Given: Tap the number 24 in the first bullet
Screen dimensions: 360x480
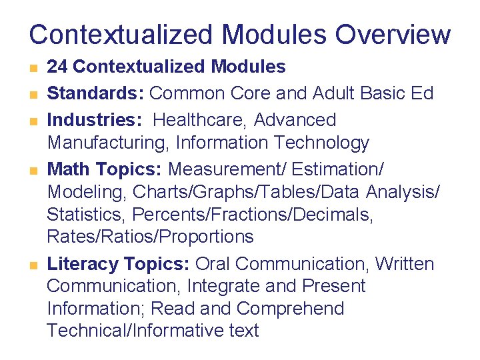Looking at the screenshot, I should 57,67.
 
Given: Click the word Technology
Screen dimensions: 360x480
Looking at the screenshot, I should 322,143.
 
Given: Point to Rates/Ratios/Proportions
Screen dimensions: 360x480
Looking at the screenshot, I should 150,237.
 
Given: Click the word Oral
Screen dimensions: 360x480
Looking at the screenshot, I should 215,264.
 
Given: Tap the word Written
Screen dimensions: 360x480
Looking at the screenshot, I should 404,264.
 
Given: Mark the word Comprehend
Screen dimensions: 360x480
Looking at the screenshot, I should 291,309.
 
